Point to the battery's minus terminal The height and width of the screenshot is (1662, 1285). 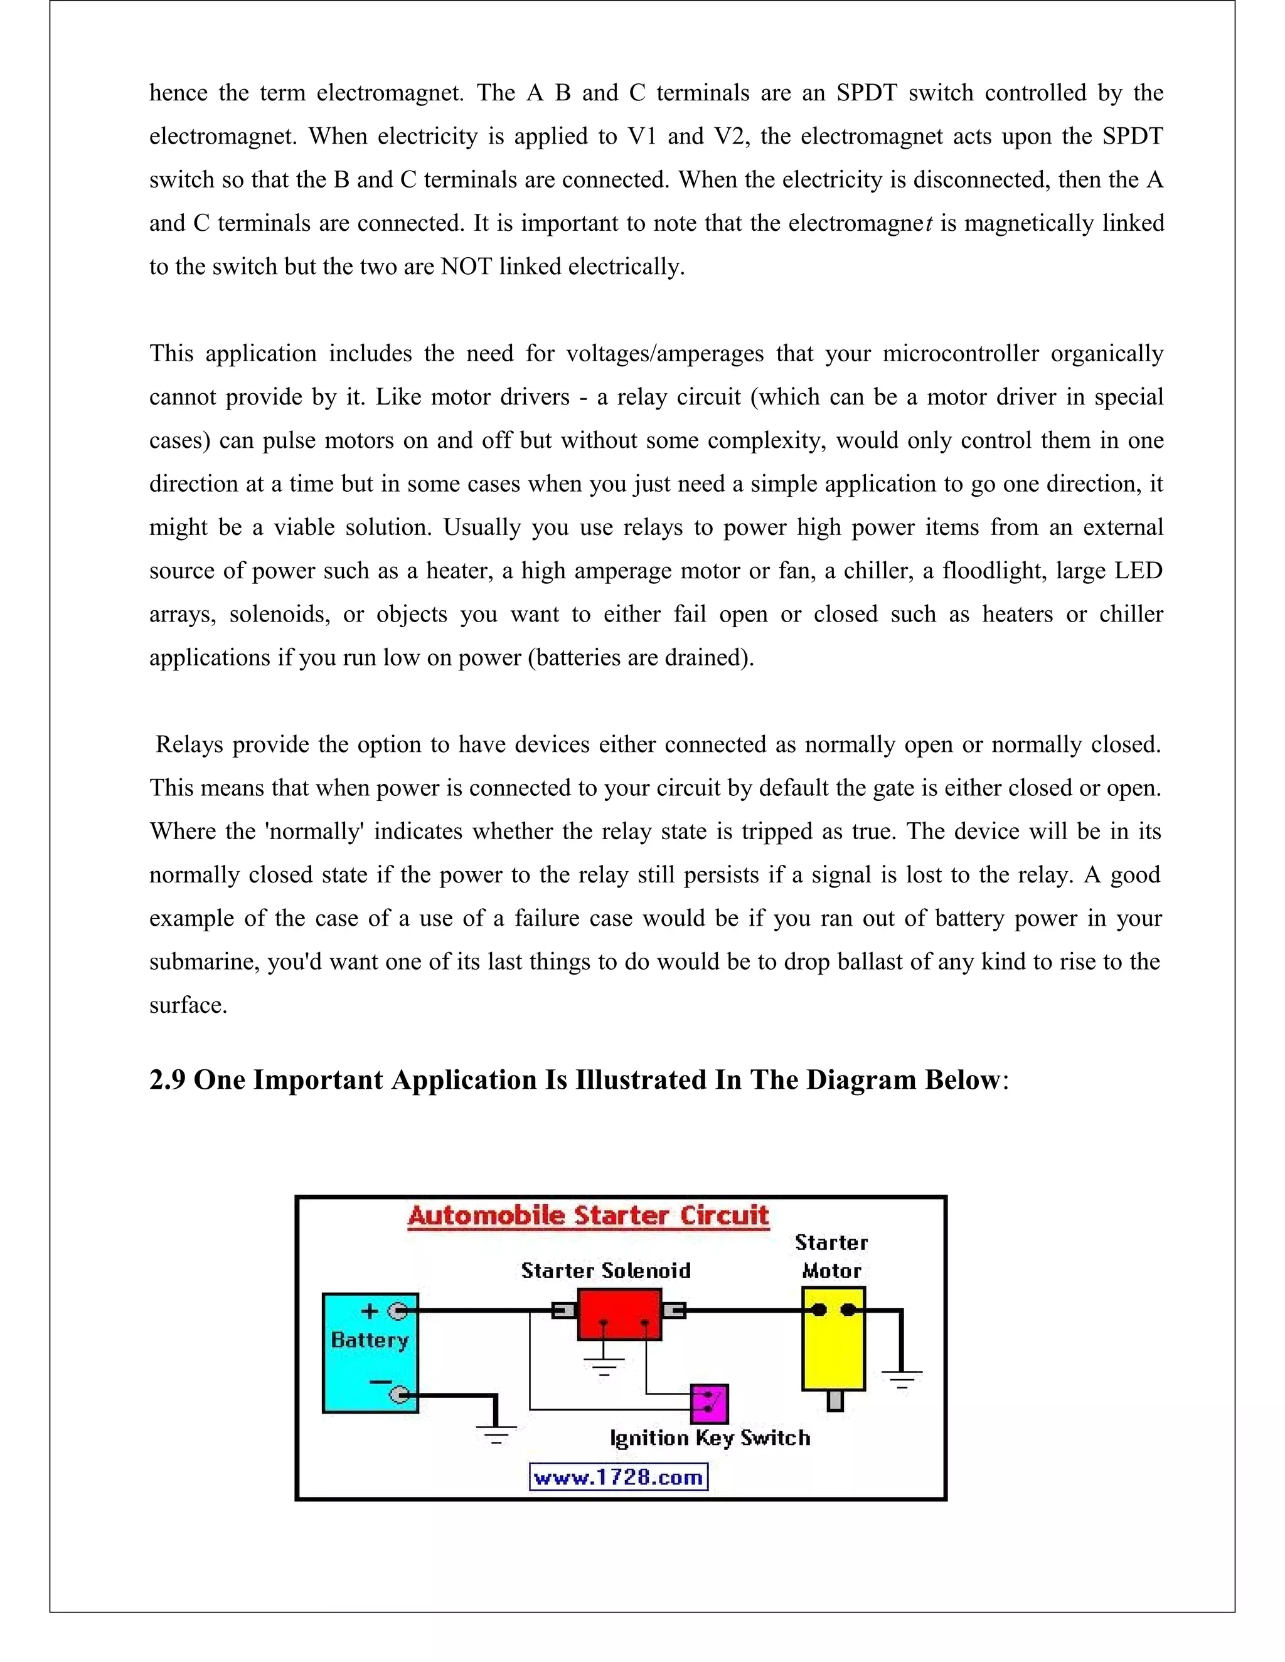[x=399, y=1395]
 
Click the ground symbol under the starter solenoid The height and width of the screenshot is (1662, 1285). [x=604, y=1367]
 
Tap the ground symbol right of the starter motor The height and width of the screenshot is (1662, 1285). [x=902, y=1378]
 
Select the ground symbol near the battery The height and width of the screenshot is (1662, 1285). [x=496, y=1434]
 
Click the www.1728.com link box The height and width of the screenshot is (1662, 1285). [x=618, y=1478]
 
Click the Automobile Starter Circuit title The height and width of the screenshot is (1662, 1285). [x=589, y=1215]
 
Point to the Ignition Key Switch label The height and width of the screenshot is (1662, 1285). [x=710, y=1437]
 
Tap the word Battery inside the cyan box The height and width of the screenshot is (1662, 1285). [x=370, y=1340]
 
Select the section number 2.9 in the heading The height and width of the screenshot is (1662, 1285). [x=168, y=1080]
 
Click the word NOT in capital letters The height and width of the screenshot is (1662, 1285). [x=467, y=267]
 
